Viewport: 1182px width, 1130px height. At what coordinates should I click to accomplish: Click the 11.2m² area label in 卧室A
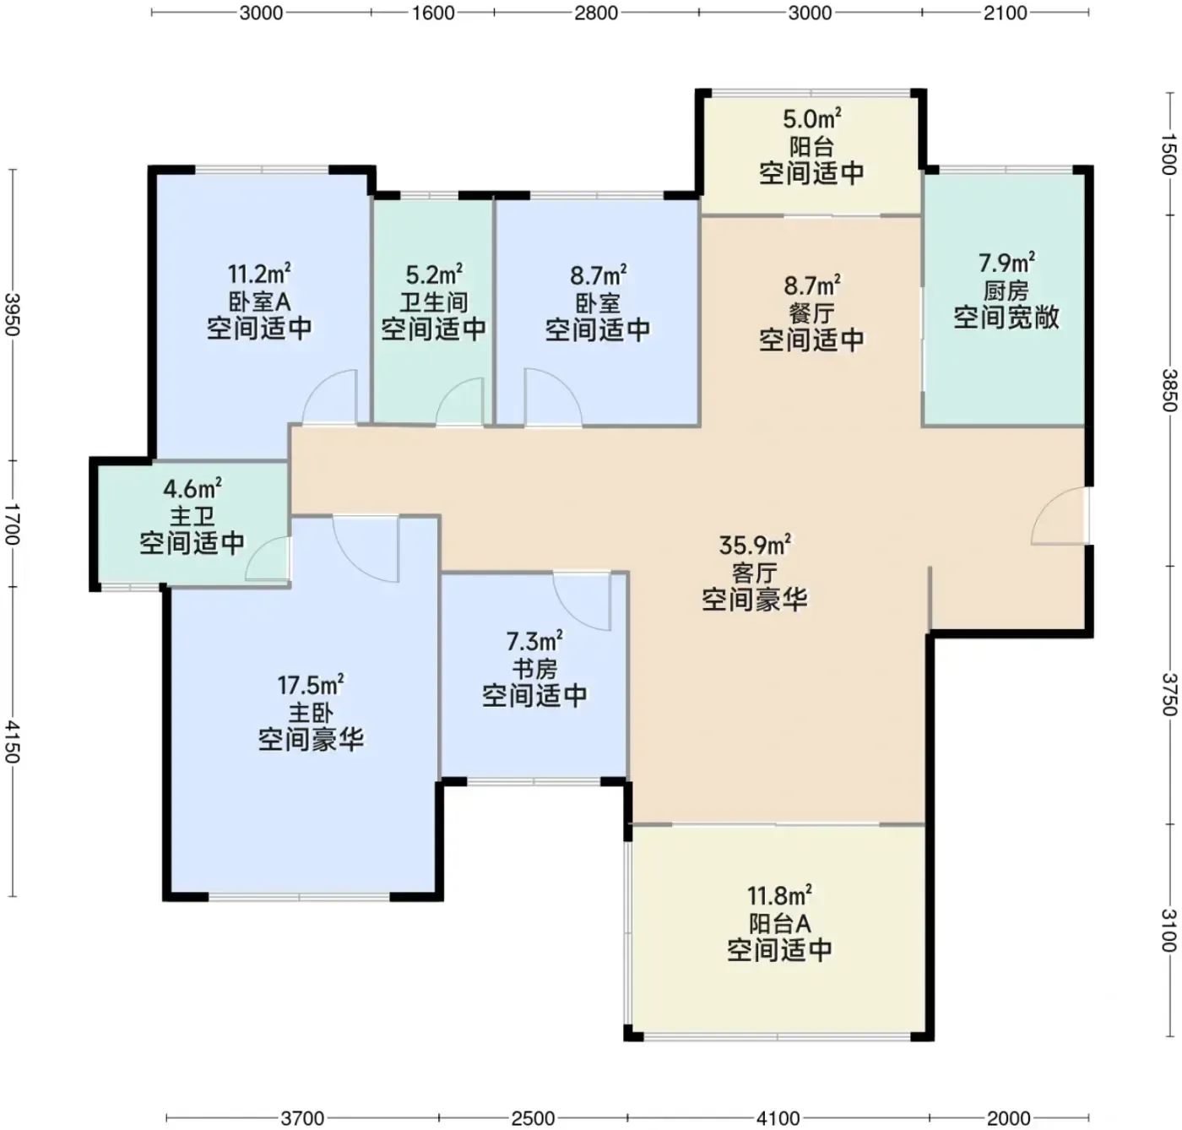coord(259,274)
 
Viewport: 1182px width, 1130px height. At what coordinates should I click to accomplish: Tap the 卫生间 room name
coord(434,302)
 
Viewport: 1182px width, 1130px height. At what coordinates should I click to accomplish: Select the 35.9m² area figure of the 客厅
coord(755,546)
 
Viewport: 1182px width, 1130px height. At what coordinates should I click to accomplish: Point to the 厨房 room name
coord(1006,291)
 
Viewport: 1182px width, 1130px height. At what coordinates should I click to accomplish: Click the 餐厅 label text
coord(811,313)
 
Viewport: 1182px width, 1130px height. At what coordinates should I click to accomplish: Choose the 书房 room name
coord(534,669)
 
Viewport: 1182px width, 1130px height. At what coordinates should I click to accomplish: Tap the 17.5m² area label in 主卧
coord(311,685)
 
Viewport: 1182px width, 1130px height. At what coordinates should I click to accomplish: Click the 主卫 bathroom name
coord(192,516)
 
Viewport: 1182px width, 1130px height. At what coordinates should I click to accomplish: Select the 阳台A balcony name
coord(779,923)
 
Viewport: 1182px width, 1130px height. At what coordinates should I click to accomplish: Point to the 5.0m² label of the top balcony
coord(811,119)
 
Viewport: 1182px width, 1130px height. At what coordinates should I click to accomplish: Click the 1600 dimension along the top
coord(433,13)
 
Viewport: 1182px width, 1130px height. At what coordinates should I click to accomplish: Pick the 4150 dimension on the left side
coord(13,742)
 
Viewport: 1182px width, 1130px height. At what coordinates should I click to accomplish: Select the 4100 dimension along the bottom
coord(778,1118)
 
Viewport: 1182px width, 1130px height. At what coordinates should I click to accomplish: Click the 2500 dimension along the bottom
coord(533,1118)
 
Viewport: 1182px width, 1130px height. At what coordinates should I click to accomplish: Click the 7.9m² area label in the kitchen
coord(1006,263)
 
